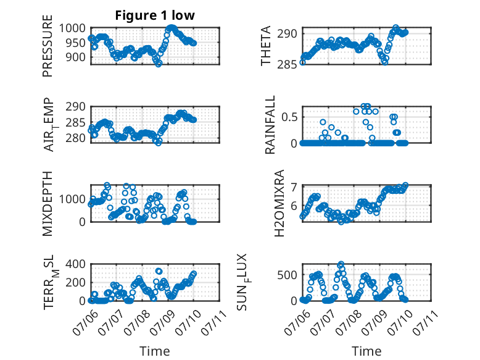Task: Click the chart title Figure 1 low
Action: point(155,15)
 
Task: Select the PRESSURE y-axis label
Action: point(48,46)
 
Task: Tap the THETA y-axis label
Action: point(266,46)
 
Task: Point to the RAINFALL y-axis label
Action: point(270,125)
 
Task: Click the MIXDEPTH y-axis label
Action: point(48,204)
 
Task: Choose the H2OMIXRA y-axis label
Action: point(279,203)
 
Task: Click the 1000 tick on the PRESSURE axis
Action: point(72,28)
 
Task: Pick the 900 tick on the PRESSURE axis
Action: point(76,57)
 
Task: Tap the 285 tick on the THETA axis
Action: point(288,65)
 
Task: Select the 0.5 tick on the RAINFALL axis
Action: point(290,117)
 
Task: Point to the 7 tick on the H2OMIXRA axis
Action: point(294,187)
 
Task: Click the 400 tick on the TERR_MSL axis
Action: point(76,264)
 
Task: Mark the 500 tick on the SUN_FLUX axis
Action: point(288,275)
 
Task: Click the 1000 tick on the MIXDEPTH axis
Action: point(72,199)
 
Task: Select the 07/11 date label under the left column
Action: point(214,322)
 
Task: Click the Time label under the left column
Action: point(155,351)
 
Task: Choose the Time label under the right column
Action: point(366,351)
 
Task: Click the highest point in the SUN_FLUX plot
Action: point(341,264)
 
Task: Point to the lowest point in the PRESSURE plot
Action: point(159,64)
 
